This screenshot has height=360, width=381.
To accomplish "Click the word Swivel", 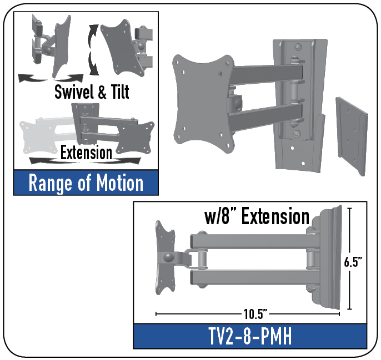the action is click(x=74, y=92).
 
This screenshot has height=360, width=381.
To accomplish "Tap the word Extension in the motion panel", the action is click(x=86, y=153).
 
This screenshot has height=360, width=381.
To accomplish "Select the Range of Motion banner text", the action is click(x=86, y=183).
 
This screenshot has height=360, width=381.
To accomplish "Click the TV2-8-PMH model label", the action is click(x=250, y=336).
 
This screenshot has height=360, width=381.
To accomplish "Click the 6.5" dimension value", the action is click(x=353, y=262).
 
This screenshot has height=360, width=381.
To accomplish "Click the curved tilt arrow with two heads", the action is click(x=93, y=50).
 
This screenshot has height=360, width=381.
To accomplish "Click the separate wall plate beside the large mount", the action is click(x=352, y=136).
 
